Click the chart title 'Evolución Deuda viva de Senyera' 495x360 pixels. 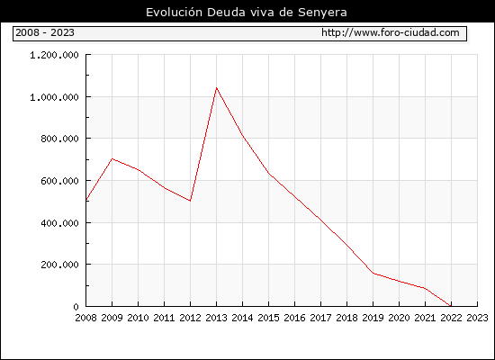pyautogui.click(x=247, y=13)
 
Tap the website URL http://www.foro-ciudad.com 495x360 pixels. pyautogui.click(x=391, y=32)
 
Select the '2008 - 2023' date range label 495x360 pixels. pyautogui.click(x=45, y=32)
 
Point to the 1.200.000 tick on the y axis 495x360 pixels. pyautogui.click(x=54, y=55)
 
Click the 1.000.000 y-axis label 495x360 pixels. pyautogui.click(x=54, y=97)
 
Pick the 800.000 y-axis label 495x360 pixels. pyautogui.click(x=59, y=139)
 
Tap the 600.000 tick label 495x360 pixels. pyautogui.click(x=59, y=181)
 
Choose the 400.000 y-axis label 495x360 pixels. pyautogui.click(x=59, y=223)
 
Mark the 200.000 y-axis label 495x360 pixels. pyautogui.click(x=59, y=265)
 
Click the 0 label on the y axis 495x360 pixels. pyautogui.click(x=76, y=307)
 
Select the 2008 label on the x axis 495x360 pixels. pyautogui.click(x=85, y=318)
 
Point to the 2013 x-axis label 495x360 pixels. pyautogui.click(x=216, y=318)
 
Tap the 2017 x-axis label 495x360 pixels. pyautogui.click(x=320, y=318)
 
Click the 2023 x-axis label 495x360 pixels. pyautogui.click(x=477, y=318)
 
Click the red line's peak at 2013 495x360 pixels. pyautogui.click(x=216, y=88)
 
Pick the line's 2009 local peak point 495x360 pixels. pyautogui.click(x=112, y=158)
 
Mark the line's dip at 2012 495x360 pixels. pyautogui.click(x=190, y=201)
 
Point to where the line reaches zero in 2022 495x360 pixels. pyautogui.click(x=451, y=306)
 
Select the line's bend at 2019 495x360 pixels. pyautogui.click(x=373, y=274)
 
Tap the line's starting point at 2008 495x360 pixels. pyautogui.click(x=86, y=200)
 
